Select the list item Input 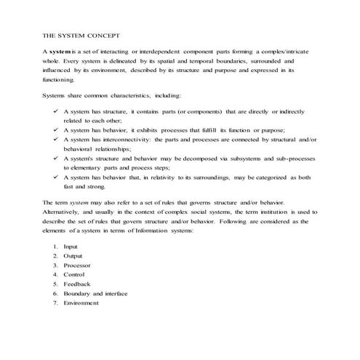click(x=71, y=247)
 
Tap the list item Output click(x=73, y=256)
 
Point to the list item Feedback click(x=76, y=284)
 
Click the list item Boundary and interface click(x=95, y=294)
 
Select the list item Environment click(x=81, y=303)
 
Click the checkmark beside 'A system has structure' click(x=55, y=111)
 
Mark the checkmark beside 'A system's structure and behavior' click(x=55, y=158)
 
